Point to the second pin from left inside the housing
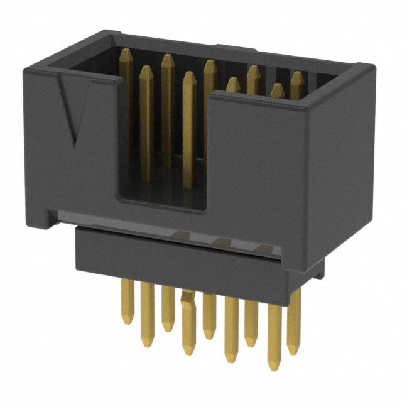click(146, 72)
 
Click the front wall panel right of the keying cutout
click(258, 163)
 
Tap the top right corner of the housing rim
click(367, 66)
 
